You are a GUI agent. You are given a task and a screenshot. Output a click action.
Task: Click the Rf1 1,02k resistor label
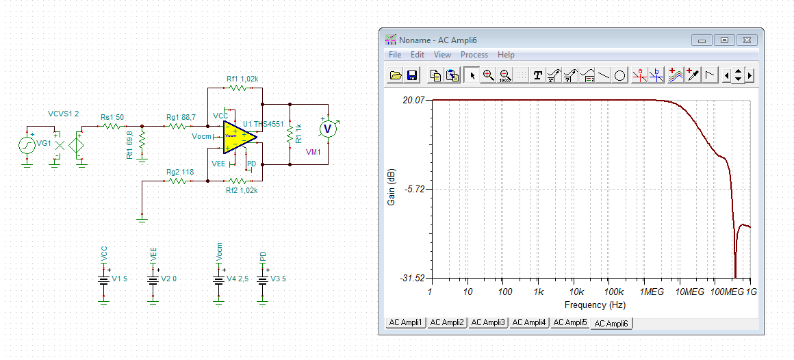[x=242, y=79]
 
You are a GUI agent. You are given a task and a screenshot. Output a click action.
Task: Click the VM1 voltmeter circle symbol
[x=328, y=129]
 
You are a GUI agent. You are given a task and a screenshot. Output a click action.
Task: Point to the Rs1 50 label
[x=112, y=117]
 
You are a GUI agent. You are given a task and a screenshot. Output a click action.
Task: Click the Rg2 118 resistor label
[x=180, y=172]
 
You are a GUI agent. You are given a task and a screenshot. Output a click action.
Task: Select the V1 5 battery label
[x=120, y=279]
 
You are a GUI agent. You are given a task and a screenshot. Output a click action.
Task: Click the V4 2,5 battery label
[x=237, y=279]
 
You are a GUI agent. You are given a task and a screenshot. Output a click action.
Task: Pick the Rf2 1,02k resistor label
[x=242, y=190]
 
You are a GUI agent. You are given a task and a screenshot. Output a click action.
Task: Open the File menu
[x=395, y=55]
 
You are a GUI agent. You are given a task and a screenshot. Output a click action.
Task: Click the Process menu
[x=474, y=55]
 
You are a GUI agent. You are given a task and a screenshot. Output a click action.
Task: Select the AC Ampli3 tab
[x=488, y=322]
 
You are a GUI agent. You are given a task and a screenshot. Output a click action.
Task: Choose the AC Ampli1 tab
[x=405, y=322]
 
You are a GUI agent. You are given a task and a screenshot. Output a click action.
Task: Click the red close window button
[x=747, y=40]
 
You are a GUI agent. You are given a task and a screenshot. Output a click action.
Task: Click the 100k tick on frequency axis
[x=614, y=292]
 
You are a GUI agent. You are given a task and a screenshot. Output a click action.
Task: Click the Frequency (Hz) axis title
[x=595, y=305]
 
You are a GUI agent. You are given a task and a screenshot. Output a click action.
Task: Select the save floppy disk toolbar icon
[x=411, y=76]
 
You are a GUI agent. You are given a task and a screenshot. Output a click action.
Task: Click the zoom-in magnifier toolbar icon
[x=488, y=75]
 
